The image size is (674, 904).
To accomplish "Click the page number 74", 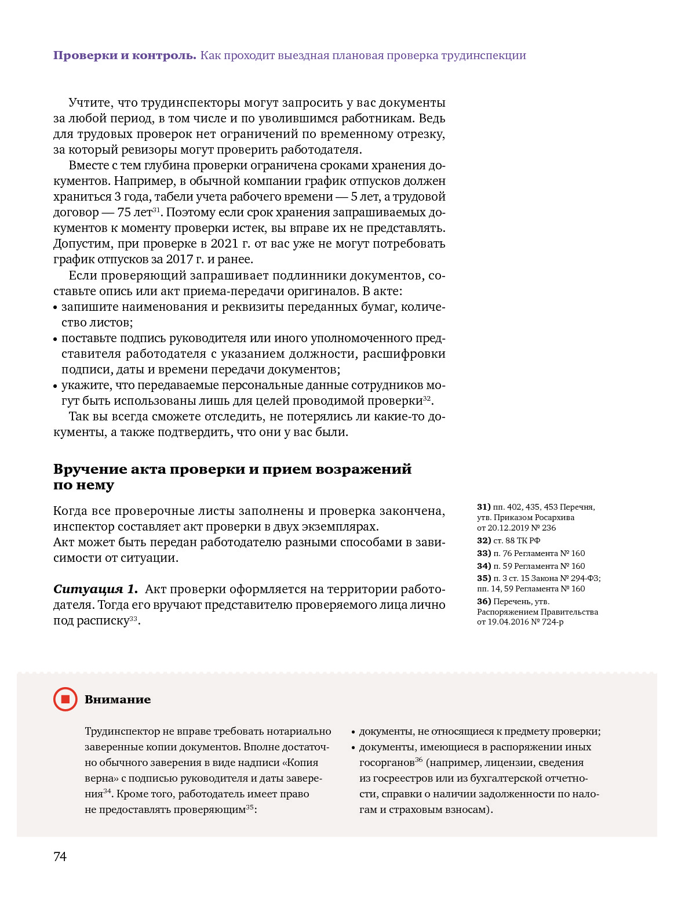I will click(x=60, y=856).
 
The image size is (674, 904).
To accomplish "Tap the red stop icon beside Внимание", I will click(x=65, y=699).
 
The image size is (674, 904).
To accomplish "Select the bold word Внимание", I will click(x=118, y=699).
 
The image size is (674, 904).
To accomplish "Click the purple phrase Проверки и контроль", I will click(x=125, y=56).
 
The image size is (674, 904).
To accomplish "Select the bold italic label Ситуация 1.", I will click(x=96, y=589).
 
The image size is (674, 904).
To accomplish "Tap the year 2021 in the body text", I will click(x=224, y=244).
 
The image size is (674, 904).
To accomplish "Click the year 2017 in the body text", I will click(x=180, y=259).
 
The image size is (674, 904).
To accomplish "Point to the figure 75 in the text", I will click(x=124, y=212).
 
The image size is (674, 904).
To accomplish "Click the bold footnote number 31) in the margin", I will click(x=484, y=507).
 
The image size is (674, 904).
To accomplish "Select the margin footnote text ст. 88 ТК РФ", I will click(x=516, y=540).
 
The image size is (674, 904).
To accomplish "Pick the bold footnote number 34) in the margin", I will click(x=484, y=566).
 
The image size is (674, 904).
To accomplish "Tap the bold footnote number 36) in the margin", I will click(x=484, y=601).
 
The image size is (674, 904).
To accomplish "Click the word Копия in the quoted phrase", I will click(x=303, y=763).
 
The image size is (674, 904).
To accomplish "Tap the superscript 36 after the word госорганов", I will click(x=419, y=760).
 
